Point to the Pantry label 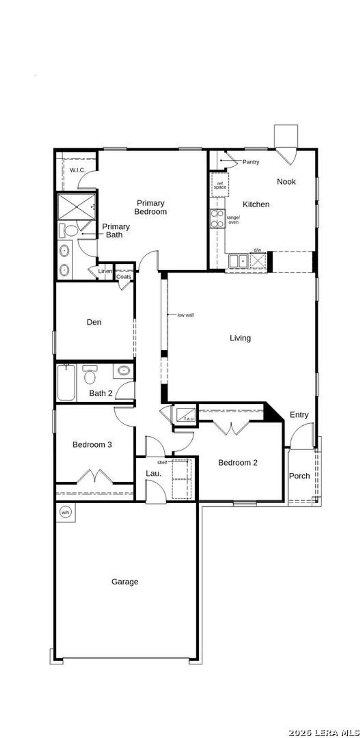click(251, 162)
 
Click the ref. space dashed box click(220, 185)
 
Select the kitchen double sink click(238, 261)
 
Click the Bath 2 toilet click(90, 374)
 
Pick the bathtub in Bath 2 click(66, 382)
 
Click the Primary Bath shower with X click(76, 207)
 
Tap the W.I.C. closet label click(77, 170)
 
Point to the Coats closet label click(124, 277)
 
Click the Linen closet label click(105, 271)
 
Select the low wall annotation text click(185, 315)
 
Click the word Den click(94, 322)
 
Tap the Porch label click(299, 476)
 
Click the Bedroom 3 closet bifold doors click(94, 477)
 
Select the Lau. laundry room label click(153, 474)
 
